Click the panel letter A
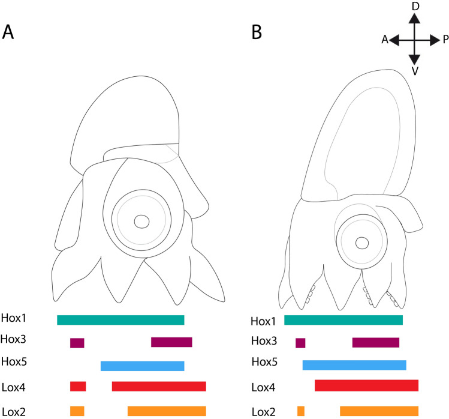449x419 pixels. [10, 31]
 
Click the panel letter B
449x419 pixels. [257, 32]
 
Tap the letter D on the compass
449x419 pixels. [414, 6]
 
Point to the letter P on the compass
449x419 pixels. [445, 40]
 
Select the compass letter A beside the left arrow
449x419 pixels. [384, 40]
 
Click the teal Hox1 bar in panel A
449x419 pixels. [120, 320]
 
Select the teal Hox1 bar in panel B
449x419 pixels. [343, 320]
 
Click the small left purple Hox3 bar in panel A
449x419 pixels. [77, 343]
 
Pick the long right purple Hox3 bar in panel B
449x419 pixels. [376, 343]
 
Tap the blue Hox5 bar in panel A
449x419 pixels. [142, 366]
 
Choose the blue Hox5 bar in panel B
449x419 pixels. [354, 365]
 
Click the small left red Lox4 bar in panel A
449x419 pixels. [78, 387]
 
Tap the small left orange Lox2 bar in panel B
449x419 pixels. [301, 411]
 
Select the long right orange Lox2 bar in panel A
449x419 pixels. [167, 411]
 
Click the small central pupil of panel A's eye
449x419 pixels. [141, 222]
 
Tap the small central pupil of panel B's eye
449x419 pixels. [361, 243]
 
